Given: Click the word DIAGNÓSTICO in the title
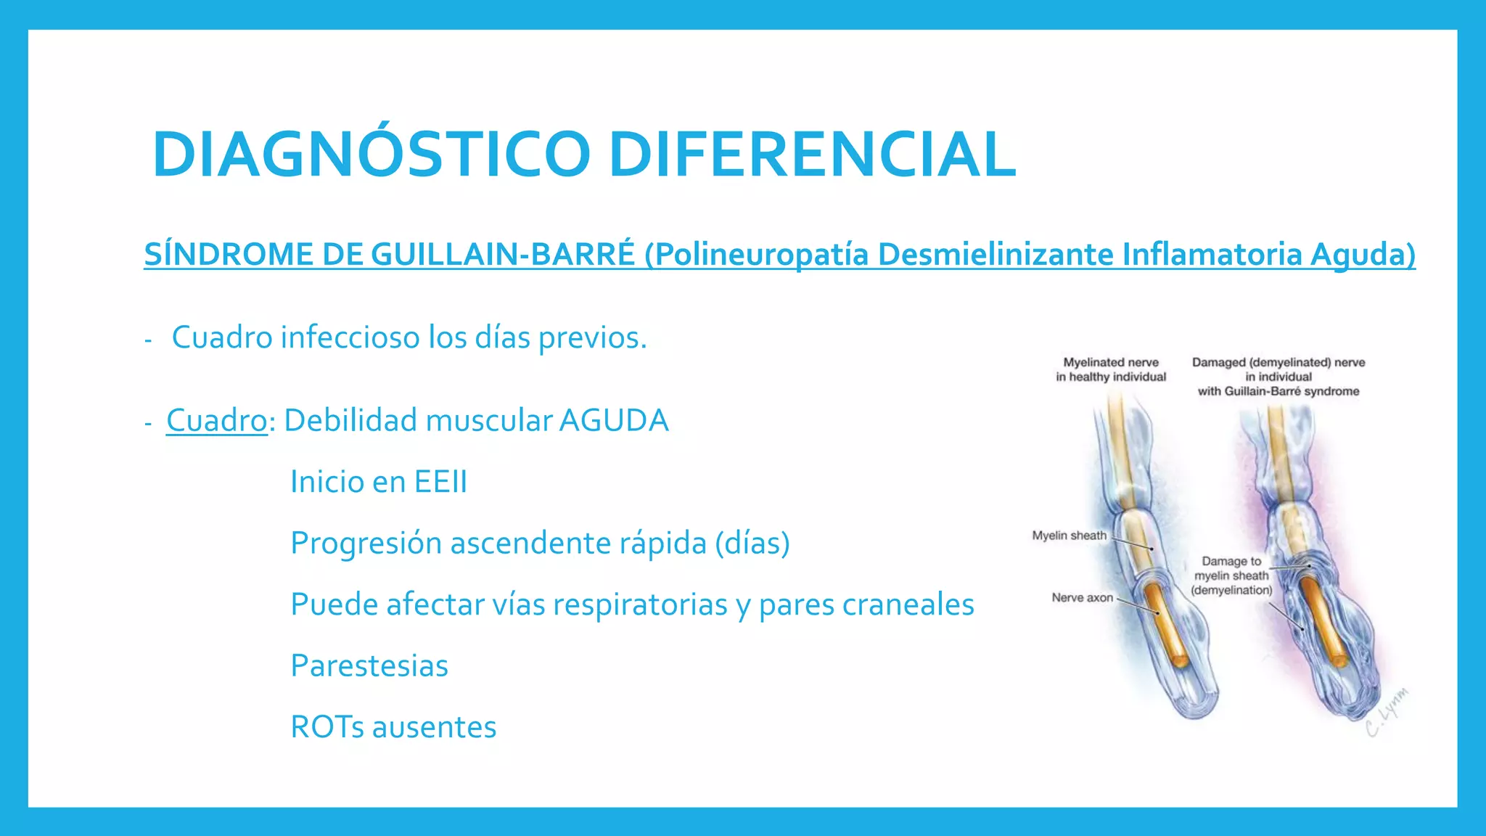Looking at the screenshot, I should [x=371, y=155].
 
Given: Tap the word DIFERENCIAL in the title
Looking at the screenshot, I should [x=813, y=155].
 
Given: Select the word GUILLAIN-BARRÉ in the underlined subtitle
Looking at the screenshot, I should [x=503, y=255].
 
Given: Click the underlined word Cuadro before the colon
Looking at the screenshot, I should [x=217, y=421].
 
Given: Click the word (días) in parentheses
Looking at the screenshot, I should [x=752, y=544].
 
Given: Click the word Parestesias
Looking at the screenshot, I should [x=369, y=666].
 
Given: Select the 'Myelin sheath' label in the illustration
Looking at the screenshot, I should [x=1069, y=536].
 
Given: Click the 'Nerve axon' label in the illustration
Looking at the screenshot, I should [x=1082, y=598].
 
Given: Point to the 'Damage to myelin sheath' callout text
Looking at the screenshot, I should [x=1231, y=575].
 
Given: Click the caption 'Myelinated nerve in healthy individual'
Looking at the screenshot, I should [x=1111, y=369].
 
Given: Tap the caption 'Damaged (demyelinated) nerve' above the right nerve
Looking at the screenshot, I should [x=1278, y=363].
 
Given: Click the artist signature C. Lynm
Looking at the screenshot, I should [x=1387, y=712].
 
